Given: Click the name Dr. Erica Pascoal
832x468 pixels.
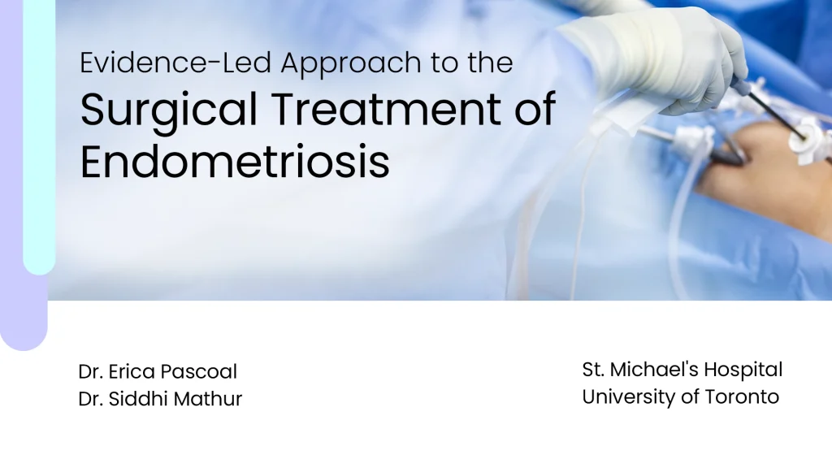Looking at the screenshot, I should (x=158, y=371).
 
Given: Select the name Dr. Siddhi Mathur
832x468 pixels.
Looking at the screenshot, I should (x=160, y=398).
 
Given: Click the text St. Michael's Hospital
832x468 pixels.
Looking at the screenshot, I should (x=682, y=370).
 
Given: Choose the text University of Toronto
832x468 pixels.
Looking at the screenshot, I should (x=680, y=396).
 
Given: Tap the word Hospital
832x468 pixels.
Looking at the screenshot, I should (x=743, y=370).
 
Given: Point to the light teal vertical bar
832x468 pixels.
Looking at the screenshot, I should (x=38, y=138).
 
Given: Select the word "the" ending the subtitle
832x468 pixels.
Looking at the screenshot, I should (x=490, y=63).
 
